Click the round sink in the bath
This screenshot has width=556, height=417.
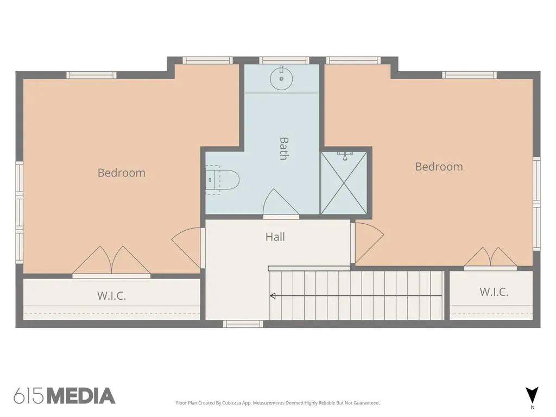coord(282,79)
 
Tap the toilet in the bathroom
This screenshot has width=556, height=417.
coord(222,180)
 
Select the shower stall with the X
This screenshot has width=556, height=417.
coord(344,183)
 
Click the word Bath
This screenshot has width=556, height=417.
coord(283,149)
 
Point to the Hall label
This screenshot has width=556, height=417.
coord(275,237)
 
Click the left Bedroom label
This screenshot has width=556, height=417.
coord(121,173)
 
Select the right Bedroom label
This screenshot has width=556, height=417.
coord(439,167)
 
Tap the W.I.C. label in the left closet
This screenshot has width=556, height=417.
coord(112,296)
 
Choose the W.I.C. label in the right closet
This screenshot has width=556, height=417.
coord(494,292)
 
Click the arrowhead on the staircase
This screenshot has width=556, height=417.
coord(273,296)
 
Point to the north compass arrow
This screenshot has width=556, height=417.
coord(532,395)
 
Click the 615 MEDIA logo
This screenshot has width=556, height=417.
coord(65,396)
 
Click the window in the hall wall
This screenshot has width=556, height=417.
coord(243,324)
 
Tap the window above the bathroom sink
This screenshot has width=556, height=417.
coord(284,60)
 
